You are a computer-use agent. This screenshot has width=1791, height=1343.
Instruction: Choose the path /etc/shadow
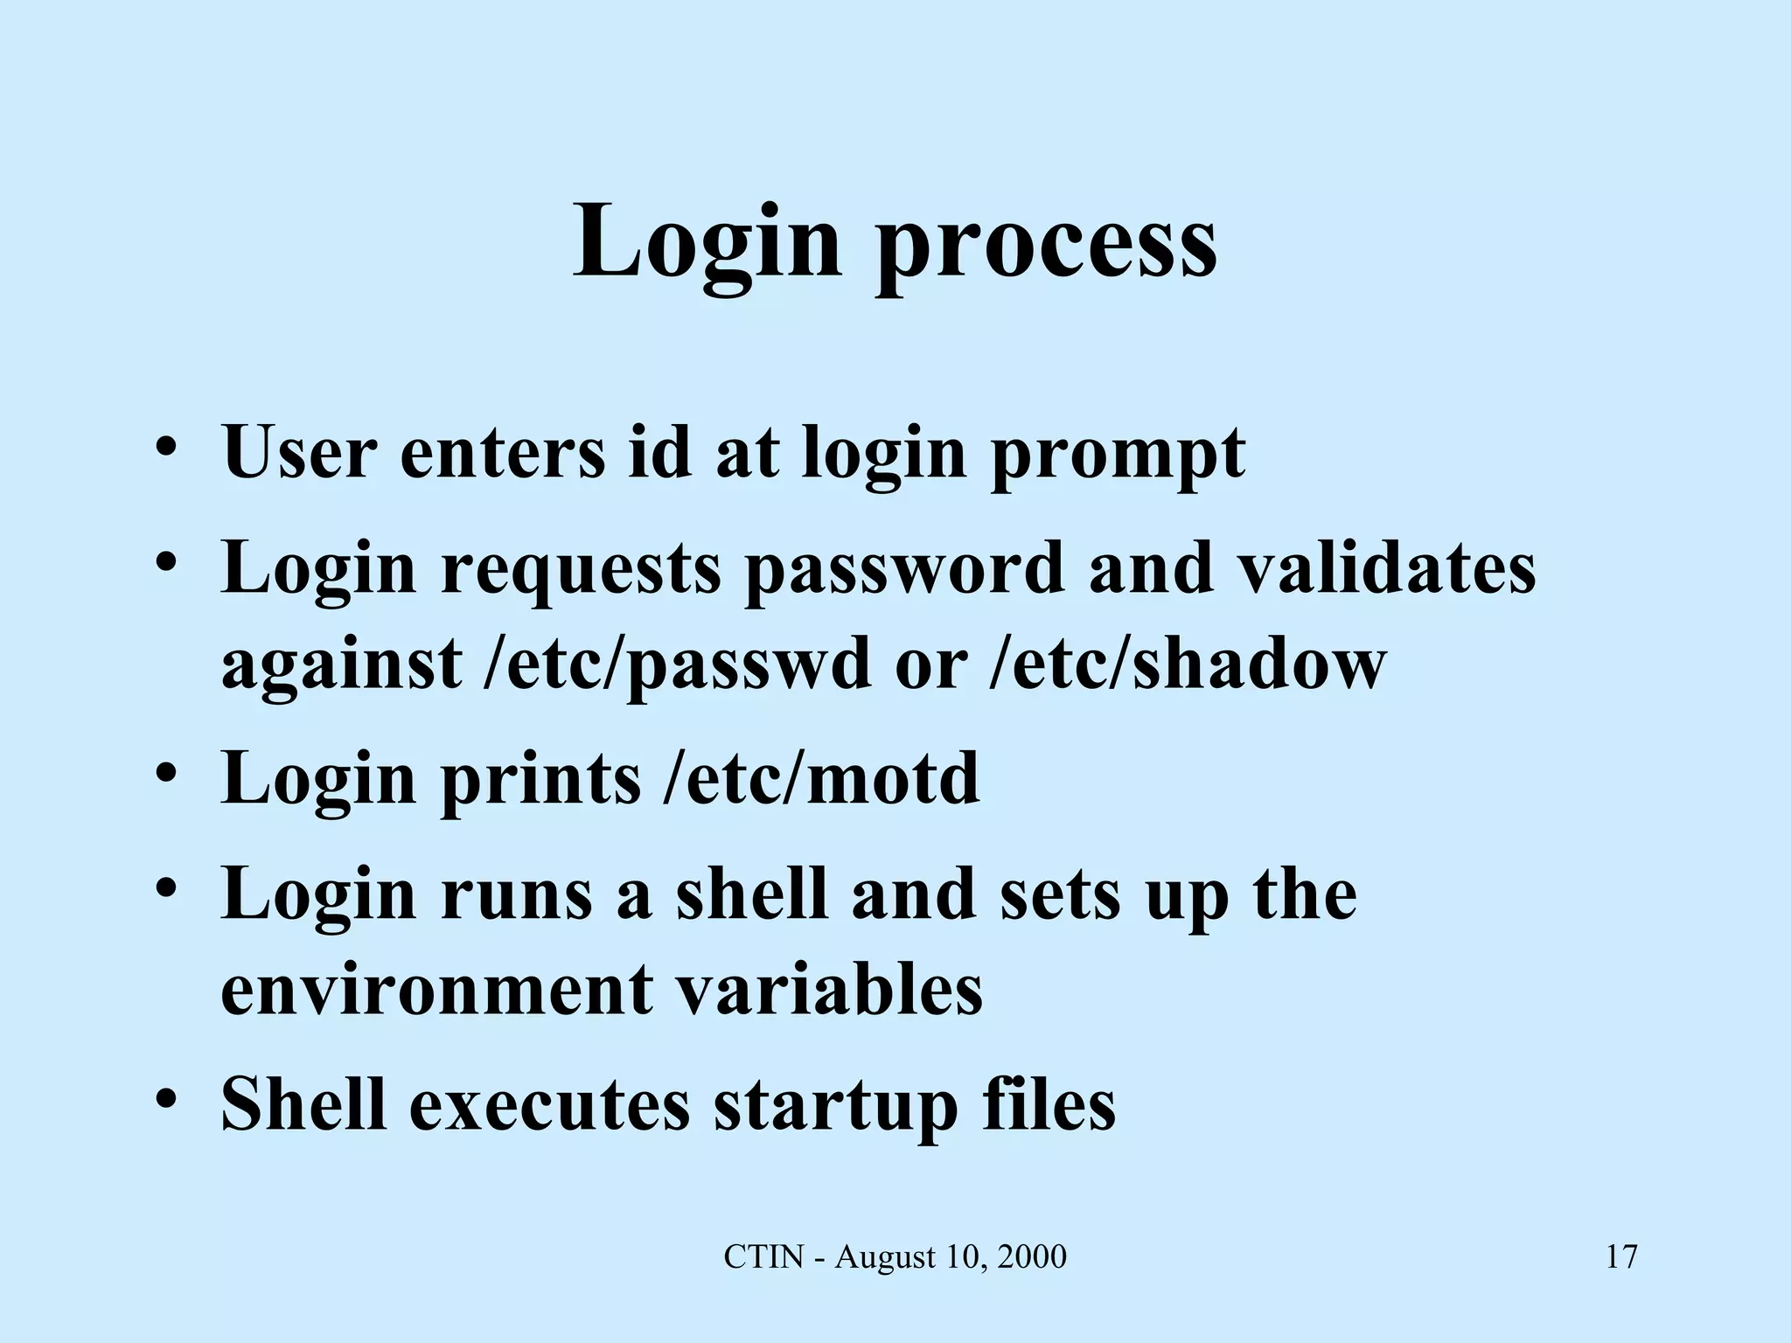pyautogui.click(x=1188, y=664)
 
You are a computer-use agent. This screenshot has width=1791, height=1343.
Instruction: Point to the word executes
pyautogui.click(x=549, y=1104)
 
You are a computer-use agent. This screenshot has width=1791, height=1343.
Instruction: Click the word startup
pyautogui.click(x=835, y=1106)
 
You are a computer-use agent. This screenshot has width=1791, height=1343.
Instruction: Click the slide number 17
pyautogui.click(x=1621, y=1257)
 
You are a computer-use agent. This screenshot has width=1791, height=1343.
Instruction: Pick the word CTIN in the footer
pyautogui.click(x=763, y=1257)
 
